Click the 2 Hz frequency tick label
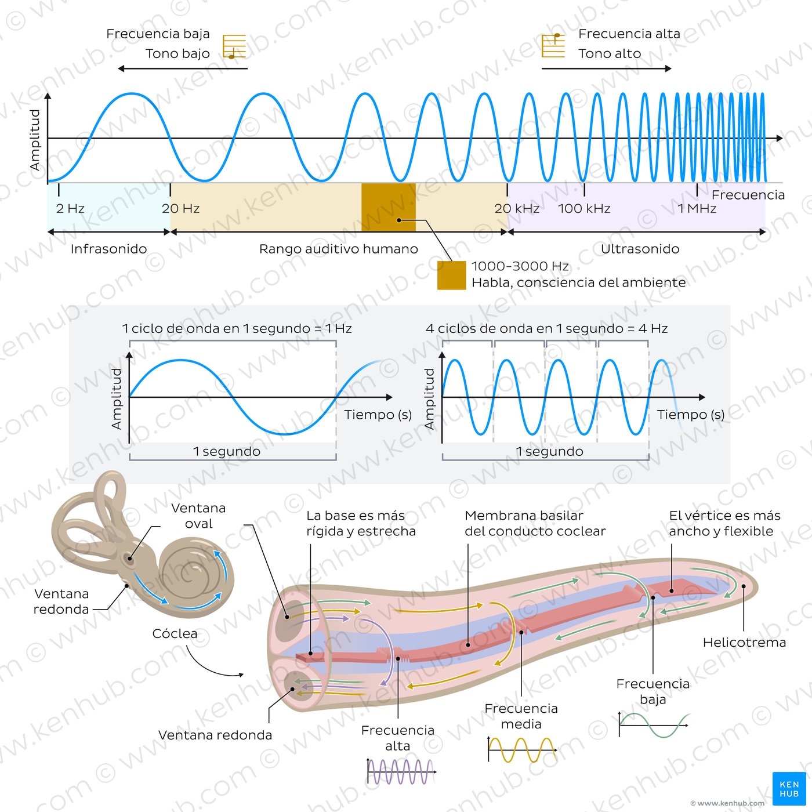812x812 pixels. point(70,209)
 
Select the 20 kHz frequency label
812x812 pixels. point(517,209)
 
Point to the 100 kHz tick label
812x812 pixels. point(584,209)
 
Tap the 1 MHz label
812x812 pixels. point(697,209)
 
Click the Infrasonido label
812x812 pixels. point(108,249)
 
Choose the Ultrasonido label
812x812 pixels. point(640,249)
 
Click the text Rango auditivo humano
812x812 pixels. point(338,249)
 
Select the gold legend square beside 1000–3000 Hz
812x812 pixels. point(451,275)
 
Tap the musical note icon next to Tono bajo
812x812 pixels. point(234,47)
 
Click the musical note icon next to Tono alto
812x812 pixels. point(553,45)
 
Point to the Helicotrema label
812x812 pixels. point(744,643)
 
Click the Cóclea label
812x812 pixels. point(175,634)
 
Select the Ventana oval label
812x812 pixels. point(198,516)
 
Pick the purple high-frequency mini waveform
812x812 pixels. point(401,772)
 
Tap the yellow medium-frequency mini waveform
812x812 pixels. point(522,750)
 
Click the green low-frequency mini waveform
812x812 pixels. point(654,725)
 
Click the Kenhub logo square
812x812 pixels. point(789,788)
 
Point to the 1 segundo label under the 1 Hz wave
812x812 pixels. point(227,451)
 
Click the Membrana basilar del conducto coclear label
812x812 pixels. point(535,523)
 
